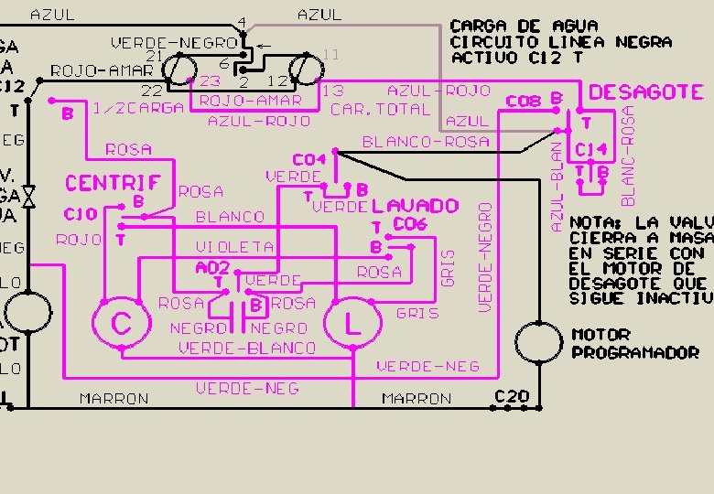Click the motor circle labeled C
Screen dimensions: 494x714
(x=122, y=324)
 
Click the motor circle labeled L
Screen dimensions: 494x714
(x=352, y=324)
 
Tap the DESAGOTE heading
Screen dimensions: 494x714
(x=646, y=92)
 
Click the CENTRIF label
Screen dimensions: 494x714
(x=113, y=183)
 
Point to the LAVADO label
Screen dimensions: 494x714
(x=415, y=205)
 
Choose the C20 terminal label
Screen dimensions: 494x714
(x=512, y=396)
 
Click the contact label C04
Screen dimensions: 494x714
(x=309, y=160)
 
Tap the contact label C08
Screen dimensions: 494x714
(x=524, y=102)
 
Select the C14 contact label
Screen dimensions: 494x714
(x=590, y=149)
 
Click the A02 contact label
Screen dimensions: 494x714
(x=211, y=268)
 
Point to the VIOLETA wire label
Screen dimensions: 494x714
(x=234, y=247)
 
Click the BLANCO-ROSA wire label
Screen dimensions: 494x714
(x=426, y=142)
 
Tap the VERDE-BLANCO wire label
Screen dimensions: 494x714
(x=247, y=348)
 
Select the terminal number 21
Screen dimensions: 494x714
(x=155, y=57)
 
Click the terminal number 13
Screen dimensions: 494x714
(x=333, y=91)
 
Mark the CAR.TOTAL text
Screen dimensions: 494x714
(x=380, y=109)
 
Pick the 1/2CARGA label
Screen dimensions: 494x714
(x=138, y=108)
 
